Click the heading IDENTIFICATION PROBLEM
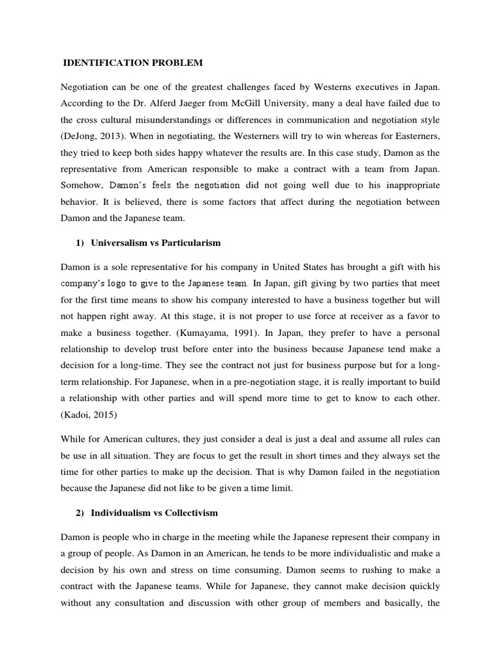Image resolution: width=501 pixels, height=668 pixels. tap(132, 63)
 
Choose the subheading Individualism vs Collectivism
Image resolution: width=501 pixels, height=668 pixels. tap(154, 513)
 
